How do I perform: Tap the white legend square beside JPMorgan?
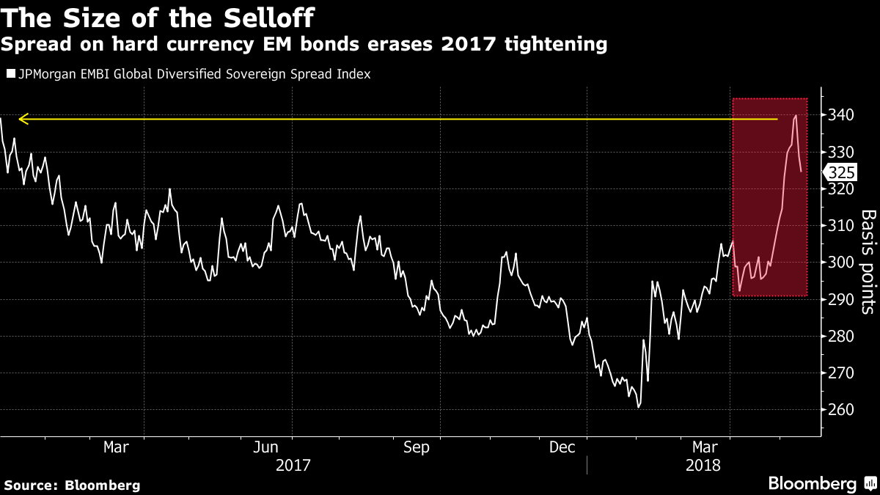tap(10, 74)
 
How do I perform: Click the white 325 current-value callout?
tap(840, 173)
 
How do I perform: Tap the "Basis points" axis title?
tap(868, 262)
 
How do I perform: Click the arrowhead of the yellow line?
tap(23, 119)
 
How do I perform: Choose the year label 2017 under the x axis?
tap(293, 465)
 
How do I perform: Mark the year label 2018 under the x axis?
tap(703, 465)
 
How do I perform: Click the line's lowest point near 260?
tap(639, 407)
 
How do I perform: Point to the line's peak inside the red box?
tap(796, 116)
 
